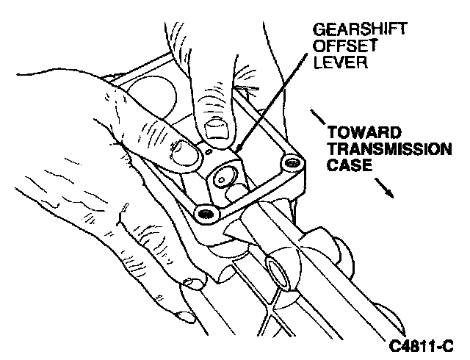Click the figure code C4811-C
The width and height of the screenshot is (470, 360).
422,344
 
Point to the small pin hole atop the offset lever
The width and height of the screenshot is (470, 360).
209,153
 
